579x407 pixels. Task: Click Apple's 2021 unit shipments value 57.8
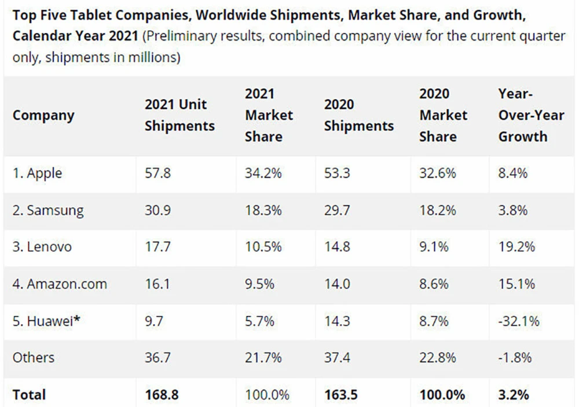(157, 173)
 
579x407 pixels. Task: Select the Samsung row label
(48, 210)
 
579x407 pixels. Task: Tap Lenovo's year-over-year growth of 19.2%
(516, 247)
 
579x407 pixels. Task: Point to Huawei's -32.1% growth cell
(518, 321)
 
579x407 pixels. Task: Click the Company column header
(43, 115)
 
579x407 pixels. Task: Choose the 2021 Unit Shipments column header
(179, 115)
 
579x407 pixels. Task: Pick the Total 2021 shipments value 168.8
(162, 395)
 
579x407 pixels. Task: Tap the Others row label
(33, 358)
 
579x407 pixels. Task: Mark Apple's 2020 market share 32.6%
(438, 173)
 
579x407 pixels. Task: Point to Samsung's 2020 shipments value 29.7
(337, 210)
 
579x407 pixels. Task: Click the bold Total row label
(29, 395)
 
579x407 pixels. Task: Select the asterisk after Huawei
(76, 319)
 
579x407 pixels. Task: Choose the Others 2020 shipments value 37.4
(337, 358)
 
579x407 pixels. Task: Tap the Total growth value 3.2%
(514, 395)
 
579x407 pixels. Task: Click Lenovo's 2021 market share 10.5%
(263, 247)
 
